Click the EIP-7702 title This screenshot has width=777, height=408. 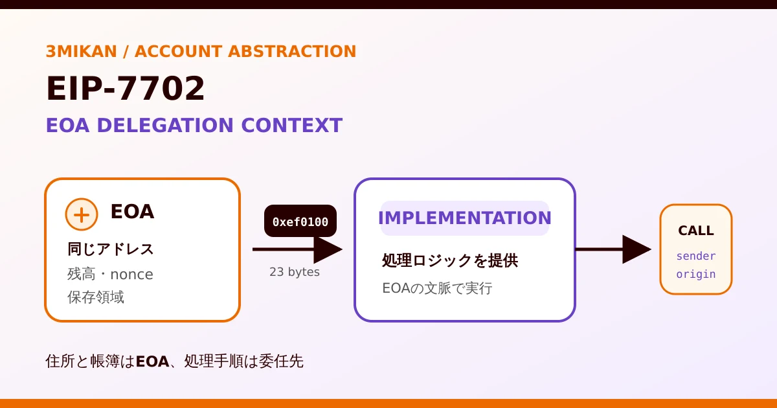(x=125, y=89)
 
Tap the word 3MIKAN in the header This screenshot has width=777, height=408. (x=81, y=51)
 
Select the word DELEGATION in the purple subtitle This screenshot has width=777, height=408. (x=165, y=125)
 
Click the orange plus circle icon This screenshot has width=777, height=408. (x=82, y=214)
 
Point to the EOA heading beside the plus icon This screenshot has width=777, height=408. (x=132, y=211)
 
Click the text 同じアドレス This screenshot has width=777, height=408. (x=110, y=249)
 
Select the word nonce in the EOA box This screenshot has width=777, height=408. (x=131, y=275)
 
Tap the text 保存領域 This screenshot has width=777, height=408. (x=96, y=297)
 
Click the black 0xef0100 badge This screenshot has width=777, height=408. (x=300, y=221)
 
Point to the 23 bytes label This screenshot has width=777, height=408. (x=295, y=271)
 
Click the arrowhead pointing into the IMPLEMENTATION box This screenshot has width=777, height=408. (x=328, y=249)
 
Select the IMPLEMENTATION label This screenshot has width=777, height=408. (x=465, y=218)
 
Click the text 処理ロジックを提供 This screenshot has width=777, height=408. (x=450, y=260)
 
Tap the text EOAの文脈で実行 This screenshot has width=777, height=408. (x=437, y=288)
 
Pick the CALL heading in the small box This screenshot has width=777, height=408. (x=696, y=231)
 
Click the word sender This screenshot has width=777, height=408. (x=696, y=256)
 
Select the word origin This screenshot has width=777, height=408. (x=696, y=275)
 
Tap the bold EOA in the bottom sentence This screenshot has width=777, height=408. (x=152, y=362)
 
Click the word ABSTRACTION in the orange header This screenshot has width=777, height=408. (x=292, y=51)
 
